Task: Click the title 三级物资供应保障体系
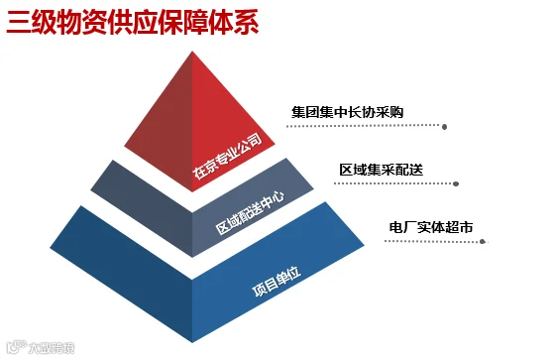coord(133,23)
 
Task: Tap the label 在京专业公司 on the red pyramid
coord(227,156)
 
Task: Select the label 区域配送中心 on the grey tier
coord(250,213)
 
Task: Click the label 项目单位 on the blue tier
coord(277,281)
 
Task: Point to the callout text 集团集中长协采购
coord(347,112)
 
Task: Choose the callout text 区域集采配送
coord(382,170)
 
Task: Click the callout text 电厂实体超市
coord(431,227)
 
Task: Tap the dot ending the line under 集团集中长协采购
coord(445,127)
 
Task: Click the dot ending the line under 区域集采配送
coord(456,183)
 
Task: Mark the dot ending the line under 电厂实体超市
coord(482,242)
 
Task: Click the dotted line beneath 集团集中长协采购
coord(365,126)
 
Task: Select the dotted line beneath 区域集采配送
coord(393,183)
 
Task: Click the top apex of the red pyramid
coord(192,52)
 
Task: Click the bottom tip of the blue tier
coord(192,342)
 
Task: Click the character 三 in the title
coord(18,23)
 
